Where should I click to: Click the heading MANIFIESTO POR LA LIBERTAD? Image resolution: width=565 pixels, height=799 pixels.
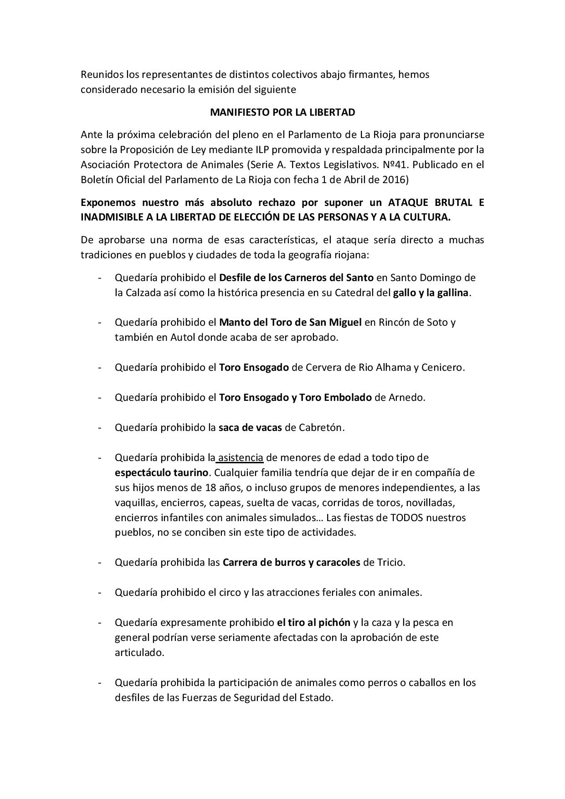pyautogui.click(x=282, y=112)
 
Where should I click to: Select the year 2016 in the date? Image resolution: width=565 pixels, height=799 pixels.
pyautogui.click(x=394, y=179)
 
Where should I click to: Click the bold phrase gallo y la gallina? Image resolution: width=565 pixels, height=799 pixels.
pyautogui.click(x=431, y=292)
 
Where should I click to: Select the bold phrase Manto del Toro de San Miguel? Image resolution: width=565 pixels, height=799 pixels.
pyautogui.click(x=290, y=323)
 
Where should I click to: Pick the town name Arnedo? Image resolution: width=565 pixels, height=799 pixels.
pyautogui.click(x=406, y=397)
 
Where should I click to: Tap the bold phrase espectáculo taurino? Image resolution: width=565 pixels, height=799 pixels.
pyautogui.click(x=162, y=472)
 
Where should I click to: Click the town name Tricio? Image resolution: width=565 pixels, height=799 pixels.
pyautogui.click(x=390, y=562)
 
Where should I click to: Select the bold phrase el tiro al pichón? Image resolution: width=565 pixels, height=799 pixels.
pyautogui.click(x=313, y=622)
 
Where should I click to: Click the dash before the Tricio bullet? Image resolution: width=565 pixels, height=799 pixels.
pyautogui.click(x=99, y=562)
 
